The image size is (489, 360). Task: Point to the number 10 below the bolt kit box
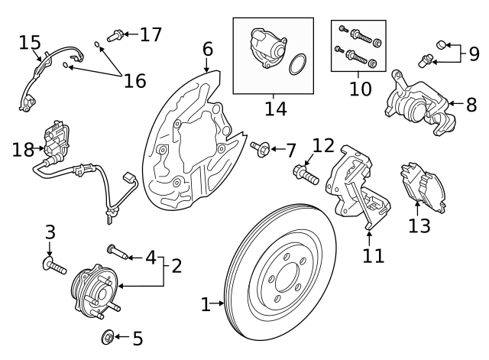pos(360,88)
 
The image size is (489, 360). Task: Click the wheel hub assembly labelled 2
pos(91,289)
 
